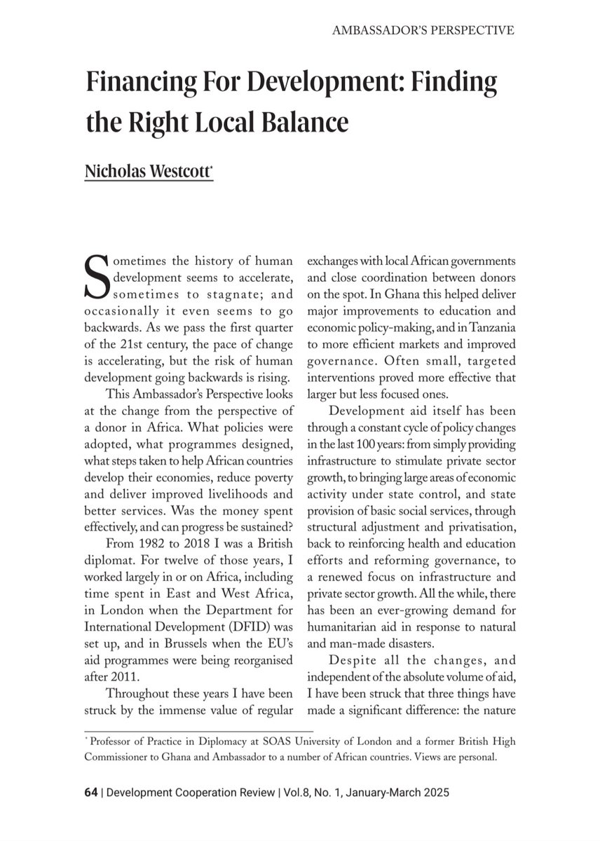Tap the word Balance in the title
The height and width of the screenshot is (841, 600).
pyautogui.click(x=310, y=122)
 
